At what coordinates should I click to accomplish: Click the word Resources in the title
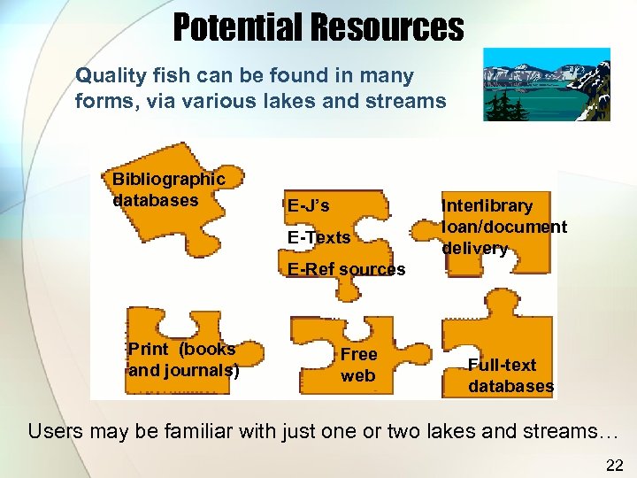click(387, 27)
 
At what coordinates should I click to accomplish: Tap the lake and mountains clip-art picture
click(546, 83)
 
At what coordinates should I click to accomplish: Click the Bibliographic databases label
click(168, 189)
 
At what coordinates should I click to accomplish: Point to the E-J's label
click(308, 206)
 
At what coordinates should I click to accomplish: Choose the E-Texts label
click(318, 237)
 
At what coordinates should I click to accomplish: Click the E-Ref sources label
click(346, 269)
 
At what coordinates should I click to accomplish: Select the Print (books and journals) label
click(183, 359)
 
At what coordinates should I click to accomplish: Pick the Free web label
click(358, 365)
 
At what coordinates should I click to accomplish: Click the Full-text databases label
click(511, 375)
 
